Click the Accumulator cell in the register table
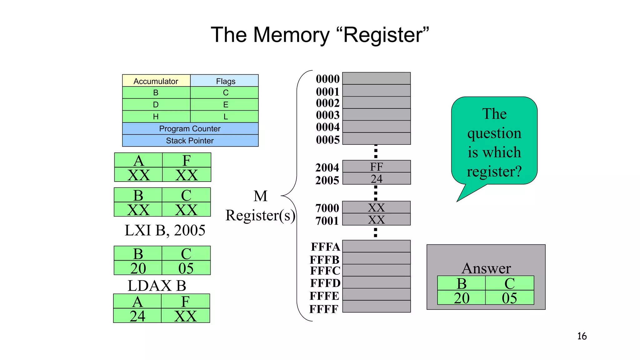[x=156, y=81]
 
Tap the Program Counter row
[x=190, y=128]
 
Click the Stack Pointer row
[x=190, y=141]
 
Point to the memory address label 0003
[x=327, y=115]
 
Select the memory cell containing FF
[x=376, y=167]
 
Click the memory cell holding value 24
[x=376, y=179]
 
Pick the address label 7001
[x=327, y=221]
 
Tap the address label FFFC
[x=325, y=271]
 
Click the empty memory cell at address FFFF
[x=376, y=307]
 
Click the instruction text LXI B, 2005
[x=165, y=230]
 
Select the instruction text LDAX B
[x=157, y=286]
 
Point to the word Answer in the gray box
[x=486, y=268]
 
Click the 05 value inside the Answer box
[x=509, y=298]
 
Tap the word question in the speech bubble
[x=494, y=133]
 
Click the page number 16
[x=582, y=336]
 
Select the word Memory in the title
[x=291, y=35]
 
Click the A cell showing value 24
[x=137, y=316]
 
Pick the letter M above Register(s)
[x=260, y=196]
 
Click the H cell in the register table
[x=156, y=117]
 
